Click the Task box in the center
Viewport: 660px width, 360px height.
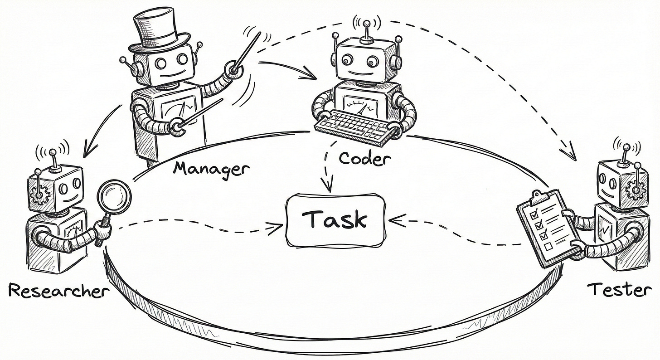point(335,221)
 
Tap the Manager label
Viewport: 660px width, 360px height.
point(211,169)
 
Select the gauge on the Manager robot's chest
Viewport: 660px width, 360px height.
point(178,109)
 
